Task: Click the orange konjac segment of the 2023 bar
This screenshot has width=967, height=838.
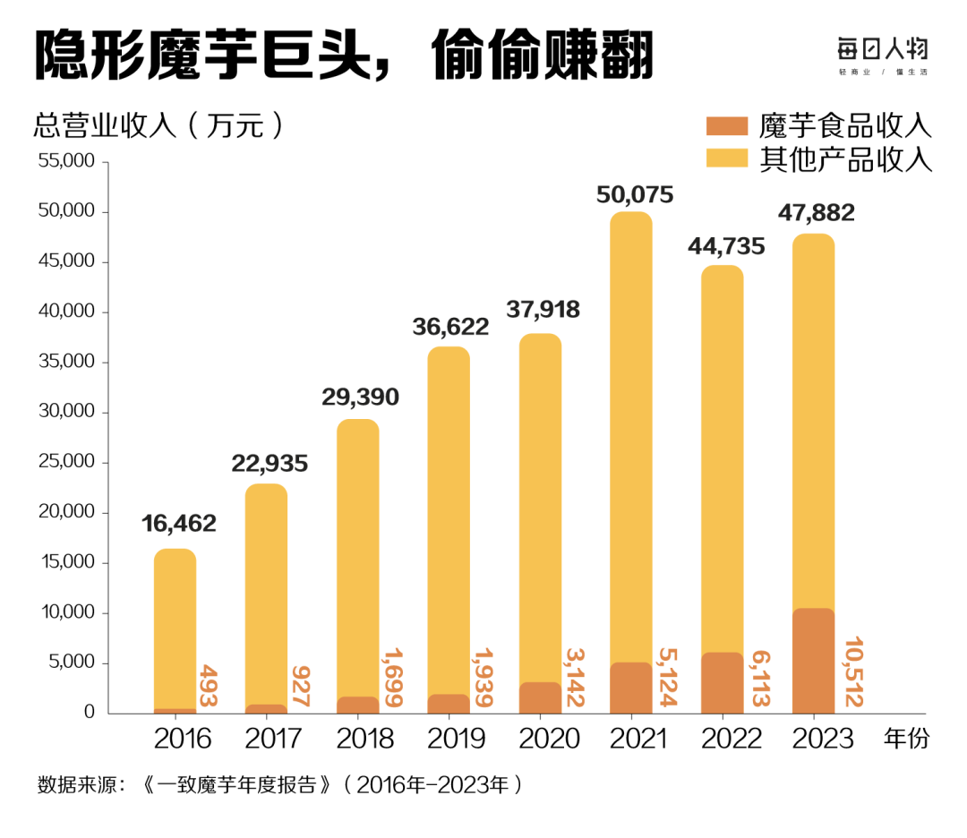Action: pos(813,661)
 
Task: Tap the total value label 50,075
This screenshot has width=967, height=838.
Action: pos(635,194)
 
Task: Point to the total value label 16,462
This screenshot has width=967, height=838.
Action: pos(179,524)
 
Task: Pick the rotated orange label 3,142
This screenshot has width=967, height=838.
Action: pos(574,679)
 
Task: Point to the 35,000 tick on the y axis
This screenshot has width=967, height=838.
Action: pos(68,363)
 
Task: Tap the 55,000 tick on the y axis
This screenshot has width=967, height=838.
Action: pos(68,162)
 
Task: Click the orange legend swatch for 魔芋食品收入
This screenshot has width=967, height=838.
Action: pos(726,125)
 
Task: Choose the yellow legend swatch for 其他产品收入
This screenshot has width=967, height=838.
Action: pos(726,158)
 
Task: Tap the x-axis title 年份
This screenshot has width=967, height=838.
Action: pos(906,739)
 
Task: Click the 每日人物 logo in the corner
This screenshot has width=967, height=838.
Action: pos(883,51)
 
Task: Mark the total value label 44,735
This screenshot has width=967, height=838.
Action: pos(726,246)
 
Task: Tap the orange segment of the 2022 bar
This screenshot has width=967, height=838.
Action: pos(722,682)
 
